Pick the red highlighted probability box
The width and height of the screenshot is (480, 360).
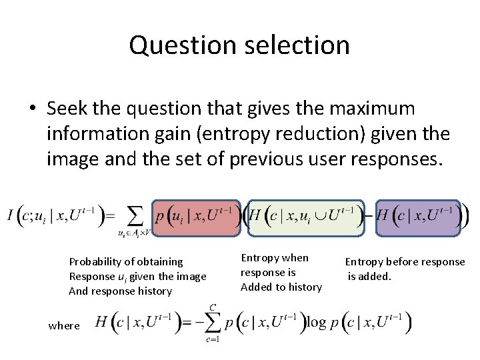click(x=195, y=217)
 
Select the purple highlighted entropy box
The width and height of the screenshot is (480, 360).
click(x=418, y=217)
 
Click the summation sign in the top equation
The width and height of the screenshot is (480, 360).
click(x=135, y=215)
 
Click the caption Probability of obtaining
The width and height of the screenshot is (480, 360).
click(x=126, y=262)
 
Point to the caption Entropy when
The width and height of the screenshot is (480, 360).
click(x=275, y=258)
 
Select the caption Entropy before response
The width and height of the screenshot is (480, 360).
click(x=405, y=262)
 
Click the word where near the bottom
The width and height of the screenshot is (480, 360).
click(x=64, y=325)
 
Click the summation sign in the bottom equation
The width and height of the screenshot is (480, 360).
click(x=213, y=323)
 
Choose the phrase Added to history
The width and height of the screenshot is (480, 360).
click(x=281, y=287)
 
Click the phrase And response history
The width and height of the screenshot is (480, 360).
click(x=120, y=291)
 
